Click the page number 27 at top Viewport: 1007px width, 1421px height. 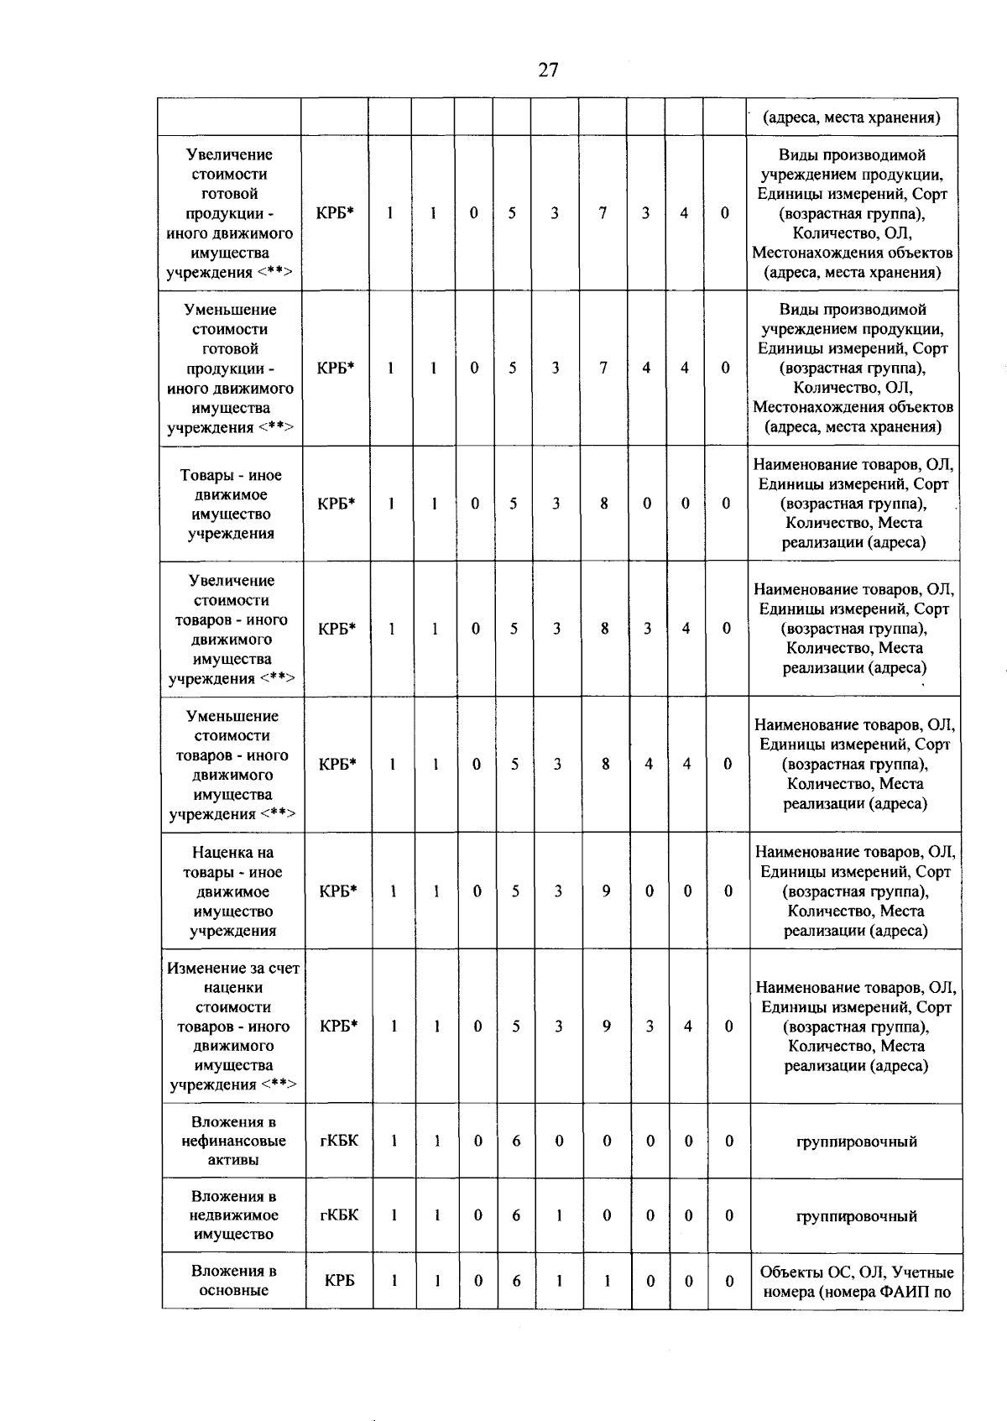[x=548, y=71]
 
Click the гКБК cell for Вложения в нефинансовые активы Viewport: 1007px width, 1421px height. [x=339, y=1141]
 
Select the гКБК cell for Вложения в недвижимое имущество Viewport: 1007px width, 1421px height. [x=339, y=1215]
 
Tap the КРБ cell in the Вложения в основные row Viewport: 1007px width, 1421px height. [x=339, y=1281]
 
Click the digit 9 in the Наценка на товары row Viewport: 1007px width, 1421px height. [x=606, y=891]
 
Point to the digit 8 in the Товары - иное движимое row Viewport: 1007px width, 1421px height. [x=604, y=504]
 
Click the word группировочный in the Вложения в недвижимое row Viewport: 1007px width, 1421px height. [x=856, y=1216]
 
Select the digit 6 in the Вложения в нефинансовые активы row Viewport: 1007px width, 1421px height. [x=516, y=1141]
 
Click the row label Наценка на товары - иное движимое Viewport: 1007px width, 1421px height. [x=232, y=891]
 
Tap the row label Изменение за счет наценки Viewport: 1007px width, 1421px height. [x=233, y=1026]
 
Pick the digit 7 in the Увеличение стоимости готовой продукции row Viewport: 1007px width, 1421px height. [x=603, y=213]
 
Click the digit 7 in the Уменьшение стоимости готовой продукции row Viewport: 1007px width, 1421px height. [x=603, y=368]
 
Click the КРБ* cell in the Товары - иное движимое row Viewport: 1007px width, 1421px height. [x=337, y=504]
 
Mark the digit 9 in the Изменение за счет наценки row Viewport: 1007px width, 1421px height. [x=606, y=1026]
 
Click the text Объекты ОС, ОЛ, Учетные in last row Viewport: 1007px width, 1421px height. [x=856, y=1272]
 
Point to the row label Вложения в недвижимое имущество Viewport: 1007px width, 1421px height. [x=233, y=1215]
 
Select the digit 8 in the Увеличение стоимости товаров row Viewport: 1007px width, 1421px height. [x=604, y=629]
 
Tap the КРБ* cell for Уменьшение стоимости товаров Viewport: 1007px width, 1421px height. [x=337, y=764]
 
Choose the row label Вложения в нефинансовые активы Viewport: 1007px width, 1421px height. [x=233, y=1141]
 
